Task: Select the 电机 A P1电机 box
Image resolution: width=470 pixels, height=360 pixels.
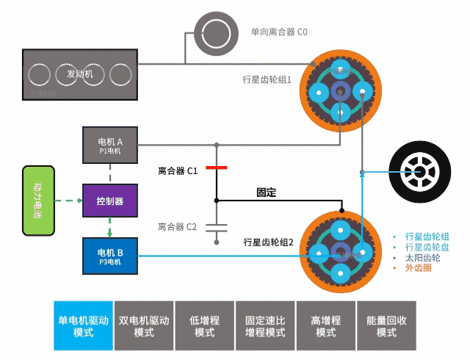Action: point(110,145)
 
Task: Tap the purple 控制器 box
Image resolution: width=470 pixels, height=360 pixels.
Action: point(109,201)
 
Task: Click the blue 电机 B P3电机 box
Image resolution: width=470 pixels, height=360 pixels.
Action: point(110,256)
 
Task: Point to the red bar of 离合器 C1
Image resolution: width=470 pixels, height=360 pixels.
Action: point(217,168)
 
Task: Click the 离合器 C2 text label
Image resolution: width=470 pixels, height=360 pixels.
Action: point(177,227)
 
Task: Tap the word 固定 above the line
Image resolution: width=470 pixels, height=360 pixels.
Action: point(266,192)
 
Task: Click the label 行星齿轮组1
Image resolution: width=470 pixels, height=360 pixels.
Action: point(267,79)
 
